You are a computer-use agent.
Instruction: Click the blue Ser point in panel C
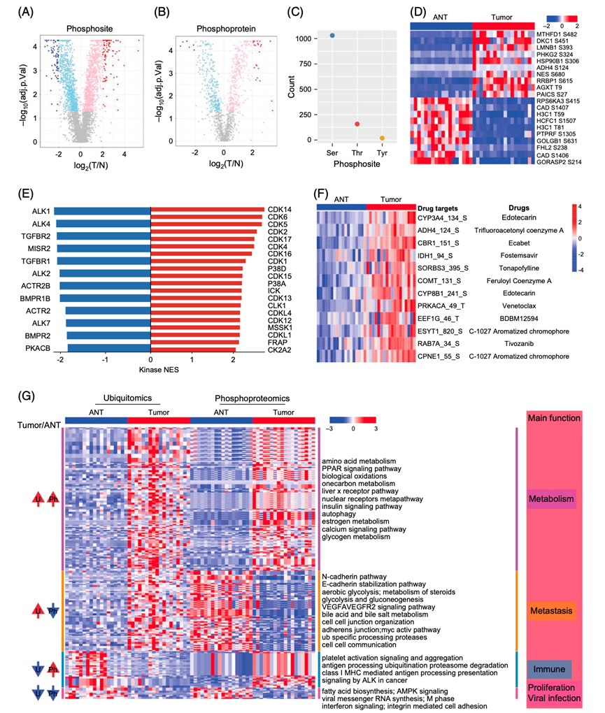pyautogui.click(x=332, y=36)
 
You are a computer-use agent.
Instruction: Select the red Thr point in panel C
pyautogui.click(x=357, y=124)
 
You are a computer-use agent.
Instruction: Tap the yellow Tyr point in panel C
pyautogui.click(x=382, y=138)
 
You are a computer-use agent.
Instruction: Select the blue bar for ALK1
pyautogui.click(x=102, y=210)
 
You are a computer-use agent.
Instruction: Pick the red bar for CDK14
pyautogui.click(x=207, y=210)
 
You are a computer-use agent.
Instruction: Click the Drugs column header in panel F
pyautogui.click(x=518, y=208)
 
